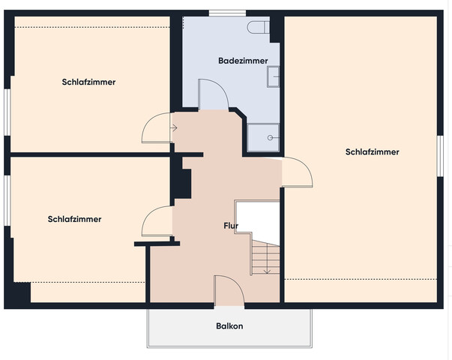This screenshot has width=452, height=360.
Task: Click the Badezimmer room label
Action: pos(238,60)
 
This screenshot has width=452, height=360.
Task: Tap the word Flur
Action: pos(231,226)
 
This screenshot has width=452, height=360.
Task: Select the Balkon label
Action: pos(229,326)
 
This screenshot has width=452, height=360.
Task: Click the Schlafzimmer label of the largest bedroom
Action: pos(373,151)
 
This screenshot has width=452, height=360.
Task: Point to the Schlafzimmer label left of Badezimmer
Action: pos(88,82)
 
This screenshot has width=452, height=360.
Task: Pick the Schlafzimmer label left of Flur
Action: pos(74,219)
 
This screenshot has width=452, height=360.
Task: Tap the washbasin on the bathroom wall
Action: pos(275,75)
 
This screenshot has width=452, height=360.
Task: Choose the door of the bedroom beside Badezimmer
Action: pos(158,126)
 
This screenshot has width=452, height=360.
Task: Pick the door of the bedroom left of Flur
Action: pos(158,222)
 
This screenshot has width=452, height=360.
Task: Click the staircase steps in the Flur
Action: pos(263,259)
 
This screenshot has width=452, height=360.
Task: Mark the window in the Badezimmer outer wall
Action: pos(226,13)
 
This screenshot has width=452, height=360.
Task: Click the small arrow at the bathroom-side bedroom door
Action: pos(173,127)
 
